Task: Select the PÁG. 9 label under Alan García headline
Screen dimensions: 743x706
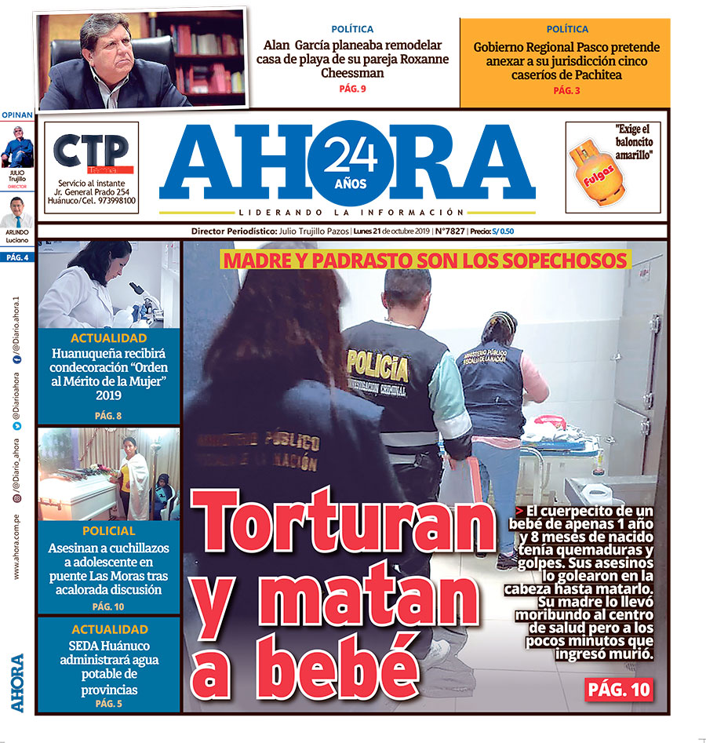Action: tap(352, 89)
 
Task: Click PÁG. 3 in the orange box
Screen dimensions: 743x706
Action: tap(566, 91)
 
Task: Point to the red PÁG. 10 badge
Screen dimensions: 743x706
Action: tap(619, 690)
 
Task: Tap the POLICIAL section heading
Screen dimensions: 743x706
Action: tap(109, 531)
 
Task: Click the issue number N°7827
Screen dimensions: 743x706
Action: tap(452, 231)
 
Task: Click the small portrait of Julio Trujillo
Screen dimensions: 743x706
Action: tap(17, 150)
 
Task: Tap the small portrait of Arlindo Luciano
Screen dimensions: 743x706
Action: tap(17, 212)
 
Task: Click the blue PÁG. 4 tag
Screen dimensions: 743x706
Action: tap(17, 257)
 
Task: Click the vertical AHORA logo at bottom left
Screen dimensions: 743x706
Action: tap(17, 683)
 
